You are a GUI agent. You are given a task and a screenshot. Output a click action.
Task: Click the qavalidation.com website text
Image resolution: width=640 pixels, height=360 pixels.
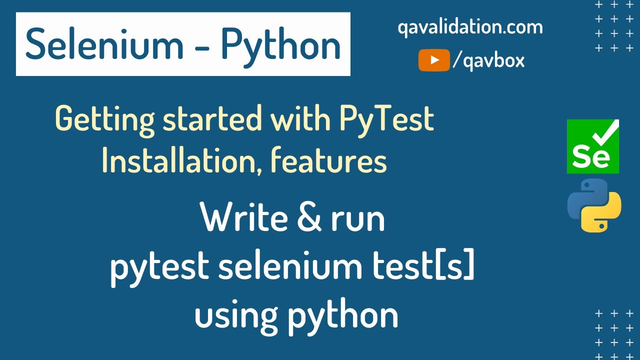pos(470,27)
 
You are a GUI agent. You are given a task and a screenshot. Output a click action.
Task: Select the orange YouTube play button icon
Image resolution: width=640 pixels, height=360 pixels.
pos(434,60)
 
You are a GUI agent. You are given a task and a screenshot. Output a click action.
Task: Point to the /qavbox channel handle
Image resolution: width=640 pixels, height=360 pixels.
pos(488,60)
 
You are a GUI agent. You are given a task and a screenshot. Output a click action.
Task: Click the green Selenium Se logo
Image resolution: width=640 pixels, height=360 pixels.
pos(592,147)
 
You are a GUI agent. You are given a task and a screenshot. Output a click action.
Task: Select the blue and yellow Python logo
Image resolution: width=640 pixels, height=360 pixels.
pos(594,205)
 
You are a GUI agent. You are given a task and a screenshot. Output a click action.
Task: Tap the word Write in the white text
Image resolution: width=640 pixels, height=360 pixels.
pos(244,218)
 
